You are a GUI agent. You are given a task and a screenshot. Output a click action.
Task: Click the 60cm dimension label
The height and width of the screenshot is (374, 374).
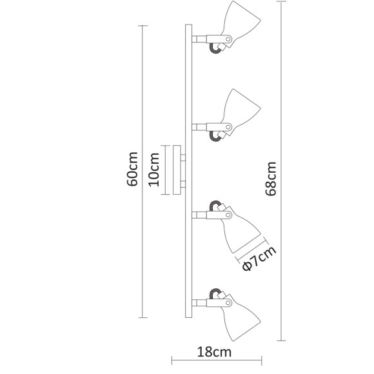(133, 170)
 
